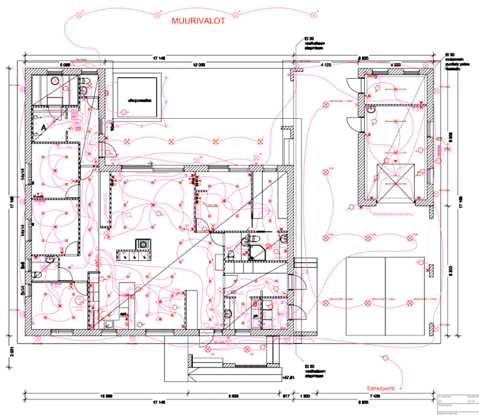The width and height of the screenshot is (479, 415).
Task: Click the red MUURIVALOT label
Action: [x=198, y=22]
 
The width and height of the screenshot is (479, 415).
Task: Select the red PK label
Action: [x=446, y=149]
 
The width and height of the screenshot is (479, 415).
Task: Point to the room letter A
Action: [x=44, y=127]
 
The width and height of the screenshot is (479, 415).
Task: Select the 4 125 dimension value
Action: [x=326, y=64]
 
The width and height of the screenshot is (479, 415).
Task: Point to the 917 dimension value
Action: [x=287, y=396]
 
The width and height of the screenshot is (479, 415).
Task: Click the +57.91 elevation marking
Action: [x=287, y=378]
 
